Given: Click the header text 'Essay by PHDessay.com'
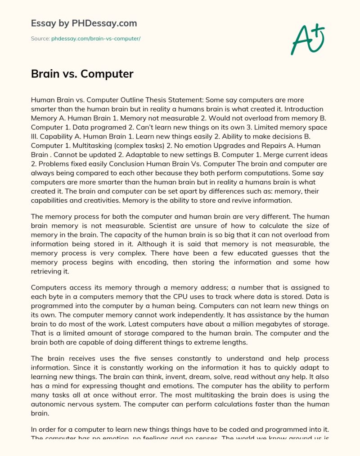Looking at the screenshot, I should [84, 23].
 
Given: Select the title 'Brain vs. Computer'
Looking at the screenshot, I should [82, 74].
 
